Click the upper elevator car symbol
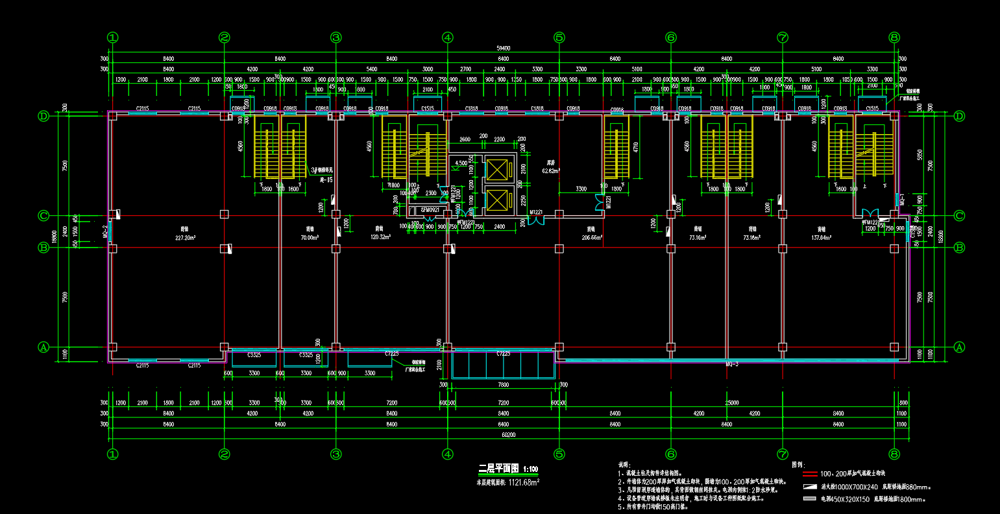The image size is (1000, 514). (x=496, y=170)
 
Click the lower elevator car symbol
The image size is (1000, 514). (x=496, y=201)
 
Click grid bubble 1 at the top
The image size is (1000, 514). (x=113, y=38)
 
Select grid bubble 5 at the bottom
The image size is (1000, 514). (x=559, y=454)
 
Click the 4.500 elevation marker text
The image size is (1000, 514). (x=462, y=163)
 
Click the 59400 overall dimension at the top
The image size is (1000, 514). (x=503, y=48)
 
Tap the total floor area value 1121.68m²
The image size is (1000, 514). (x=524, y=482)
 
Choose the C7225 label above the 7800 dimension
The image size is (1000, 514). (x=503, y=354)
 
